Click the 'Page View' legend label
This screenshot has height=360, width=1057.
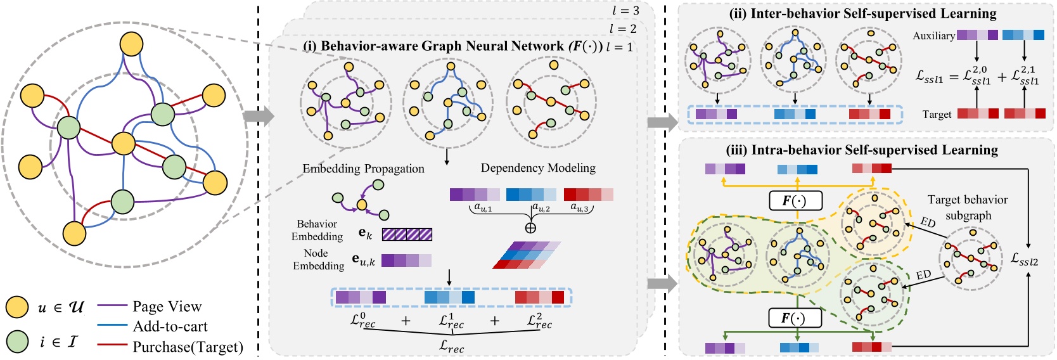coord(167,307)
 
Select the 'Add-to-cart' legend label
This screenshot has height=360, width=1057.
coord(170,326)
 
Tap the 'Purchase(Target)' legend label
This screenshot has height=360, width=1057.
coord(188,347)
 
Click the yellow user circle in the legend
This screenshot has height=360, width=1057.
coord(17,307)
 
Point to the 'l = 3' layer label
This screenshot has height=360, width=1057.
coord(625,11)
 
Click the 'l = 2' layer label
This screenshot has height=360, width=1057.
coord(622,29)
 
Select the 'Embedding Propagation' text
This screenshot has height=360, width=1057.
coord(363,169)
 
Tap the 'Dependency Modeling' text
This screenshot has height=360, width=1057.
coord(538,168)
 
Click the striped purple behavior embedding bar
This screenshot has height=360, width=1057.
coord(407,235)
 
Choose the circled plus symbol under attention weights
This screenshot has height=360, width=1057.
coord(530,228)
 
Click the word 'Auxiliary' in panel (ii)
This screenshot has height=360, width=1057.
coord(933,35)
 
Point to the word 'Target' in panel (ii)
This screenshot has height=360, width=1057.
coord(937,114)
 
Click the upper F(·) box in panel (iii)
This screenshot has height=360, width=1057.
coord(795,201)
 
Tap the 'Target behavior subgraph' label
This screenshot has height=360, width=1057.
coord(968,207)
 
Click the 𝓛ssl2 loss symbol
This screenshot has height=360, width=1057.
coord(1024,259)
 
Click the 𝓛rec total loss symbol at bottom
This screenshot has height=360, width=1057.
coord(451,346)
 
